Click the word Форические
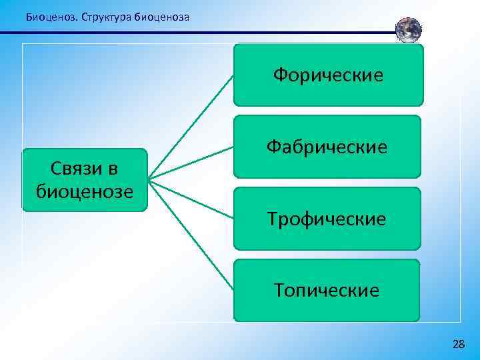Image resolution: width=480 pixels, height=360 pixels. click(328, 75)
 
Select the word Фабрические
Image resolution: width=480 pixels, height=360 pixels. click(327, 147)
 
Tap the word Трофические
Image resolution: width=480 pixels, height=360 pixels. click(327, 219)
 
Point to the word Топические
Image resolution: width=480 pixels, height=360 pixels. click(327, 291)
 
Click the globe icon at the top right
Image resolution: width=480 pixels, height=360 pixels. click(409, 31)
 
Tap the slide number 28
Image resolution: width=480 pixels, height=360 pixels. click(459, 344)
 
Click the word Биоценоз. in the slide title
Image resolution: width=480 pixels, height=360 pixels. click(51, 17)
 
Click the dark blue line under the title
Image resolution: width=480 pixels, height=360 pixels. click(200, 32)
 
